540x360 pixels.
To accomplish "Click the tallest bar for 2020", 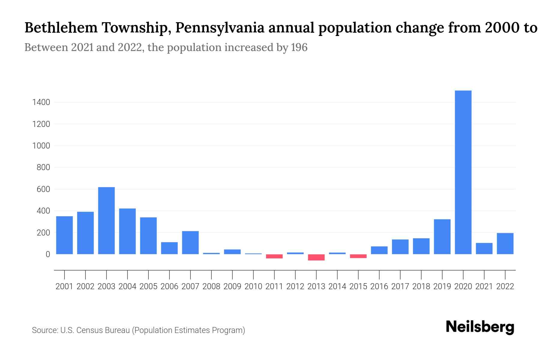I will (463, 172).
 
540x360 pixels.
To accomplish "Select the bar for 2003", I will (106, 220).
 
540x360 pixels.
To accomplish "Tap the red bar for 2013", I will (316, 257).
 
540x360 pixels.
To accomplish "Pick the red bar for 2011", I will (274, 256).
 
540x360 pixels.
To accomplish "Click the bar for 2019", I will (442, 237).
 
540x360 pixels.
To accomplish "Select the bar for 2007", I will (190, 243).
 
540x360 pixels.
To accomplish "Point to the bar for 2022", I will (505, 244).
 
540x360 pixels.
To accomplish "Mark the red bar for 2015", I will (358, 256).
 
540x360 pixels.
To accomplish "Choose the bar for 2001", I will (64, 235).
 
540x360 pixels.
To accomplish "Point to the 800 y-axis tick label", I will (43, 167).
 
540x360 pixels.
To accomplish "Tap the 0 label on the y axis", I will (47, 254).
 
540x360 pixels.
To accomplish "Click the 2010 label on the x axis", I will (253, 286).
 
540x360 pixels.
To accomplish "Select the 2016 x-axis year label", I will (379, 286).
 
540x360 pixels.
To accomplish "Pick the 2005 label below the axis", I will (148, 286).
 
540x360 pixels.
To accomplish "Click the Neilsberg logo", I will (480, 327).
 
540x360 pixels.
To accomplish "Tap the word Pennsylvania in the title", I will (220, 28).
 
